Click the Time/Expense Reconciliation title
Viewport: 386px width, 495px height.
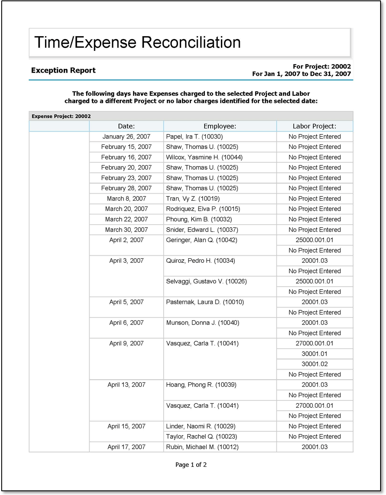tap(137, 42)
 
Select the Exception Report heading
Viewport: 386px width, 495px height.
tap(63, 71)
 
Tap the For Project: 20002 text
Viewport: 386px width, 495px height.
tap(322, 66)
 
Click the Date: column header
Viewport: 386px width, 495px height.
tap(126, 126)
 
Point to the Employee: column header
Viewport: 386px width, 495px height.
tap(220, 126)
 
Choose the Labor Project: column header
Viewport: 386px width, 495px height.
tap(315, 126)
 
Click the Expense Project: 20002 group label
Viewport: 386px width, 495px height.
tap(61, 116)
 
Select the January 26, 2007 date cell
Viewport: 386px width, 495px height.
tap(126, 136)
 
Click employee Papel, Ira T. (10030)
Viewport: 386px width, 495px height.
tap(194, 136)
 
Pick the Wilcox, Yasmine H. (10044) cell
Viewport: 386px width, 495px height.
tap(204, 157)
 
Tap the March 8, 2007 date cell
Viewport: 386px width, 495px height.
tap(126, 199)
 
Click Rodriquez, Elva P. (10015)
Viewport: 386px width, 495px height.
tap(203, 209)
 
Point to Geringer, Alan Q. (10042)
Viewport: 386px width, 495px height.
tap(202, 240)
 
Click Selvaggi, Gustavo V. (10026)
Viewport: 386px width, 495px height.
tap(206, 281)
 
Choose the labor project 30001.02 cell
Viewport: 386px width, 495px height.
tap(315, 364)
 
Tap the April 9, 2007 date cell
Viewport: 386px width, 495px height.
tap(126, 343)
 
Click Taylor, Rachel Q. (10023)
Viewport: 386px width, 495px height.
tap(201, 437)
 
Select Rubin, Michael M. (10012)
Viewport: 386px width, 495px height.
tap(202, 447)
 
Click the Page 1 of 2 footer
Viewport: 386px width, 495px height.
tap(191, 465)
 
